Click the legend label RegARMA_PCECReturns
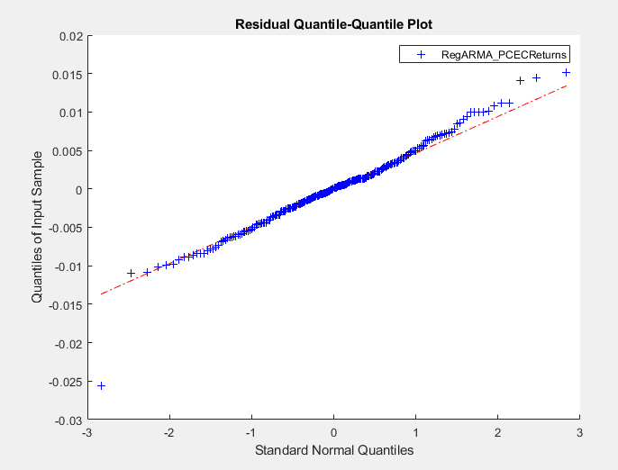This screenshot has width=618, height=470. (504, 55)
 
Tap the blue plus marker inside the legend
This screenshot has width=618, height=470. (420, 55)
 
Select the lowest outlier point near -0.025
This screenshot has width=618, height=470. (101, 385)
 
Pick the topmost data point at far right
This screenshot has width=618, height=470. (566, 72)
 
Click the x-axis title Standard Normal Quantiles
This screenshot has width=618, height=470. (334, 449)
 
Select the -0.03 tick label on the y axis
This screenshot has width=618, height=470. (65, 420)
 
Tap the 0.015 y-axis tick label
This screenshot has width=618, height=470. (64, 75)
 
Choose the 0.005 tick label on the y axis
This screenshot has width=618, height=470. (64, 151)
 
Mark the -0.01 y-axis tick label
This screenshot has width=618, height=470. (65, 267)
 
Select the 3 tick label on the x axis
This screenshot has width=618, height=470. (579, 433)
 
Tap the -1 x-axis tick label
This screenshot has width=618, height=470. (251, 433)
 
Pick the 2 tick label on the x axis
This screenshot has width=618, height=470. (497, 433)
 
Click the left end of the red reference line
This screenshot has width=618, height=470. (101, 294)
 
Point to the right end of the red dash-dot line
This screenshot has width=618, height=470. (567, 86)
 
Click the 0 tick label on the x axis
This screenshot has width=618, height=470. (334, 433)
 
